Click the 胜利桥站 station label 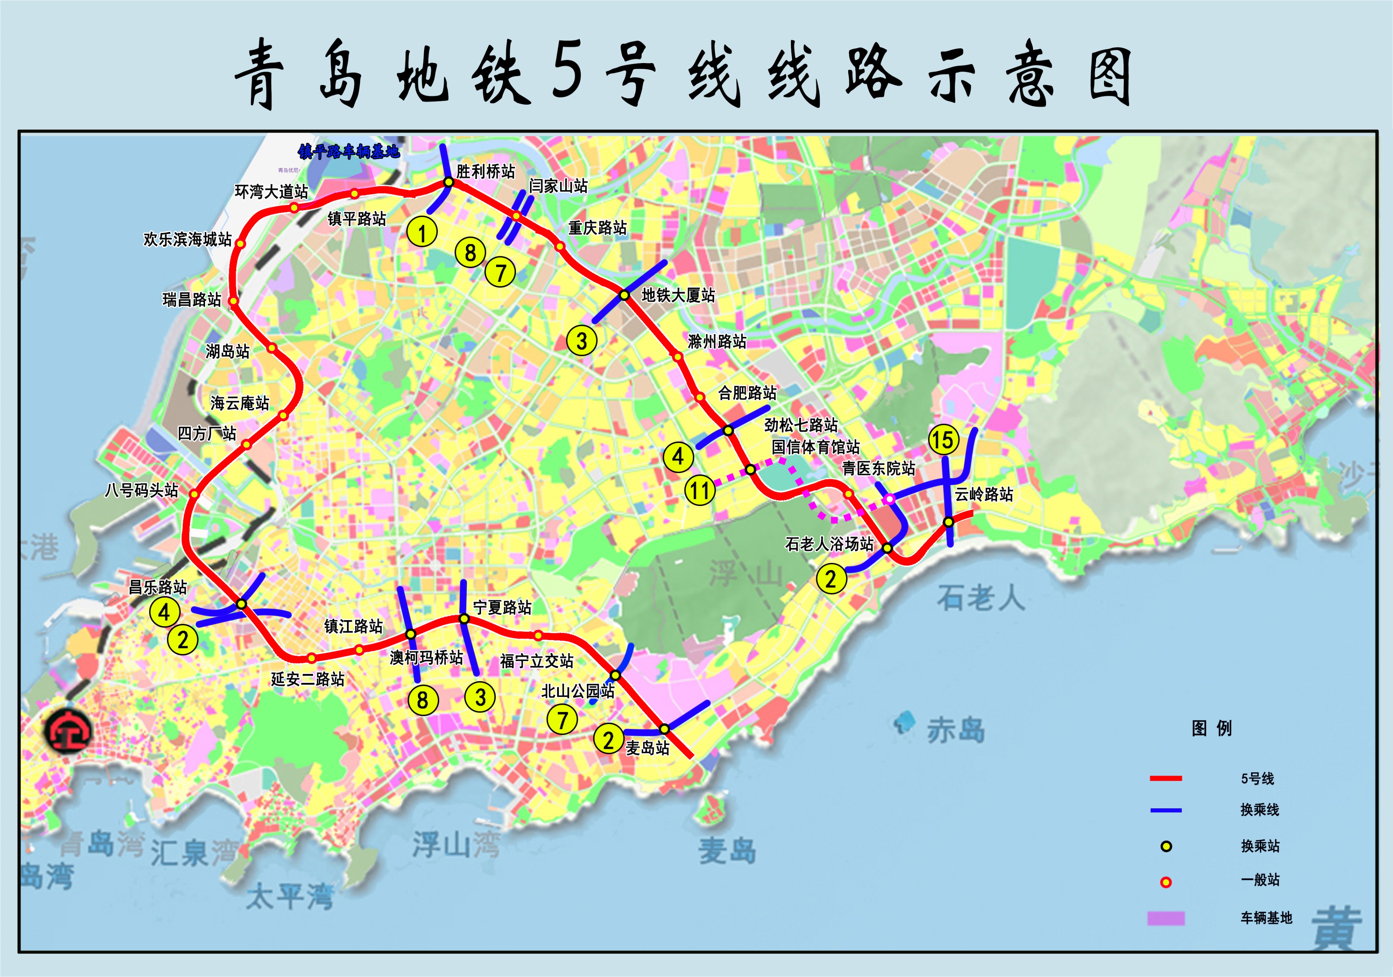pyautogui.click(x=485, y=172)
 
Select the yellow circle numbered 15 pyautogui.click(x=943, y=440)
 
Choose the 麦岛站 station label pyautogui.click(x=647, y=748)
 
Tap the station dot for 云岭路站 pyautogui.click(x=948, y=521)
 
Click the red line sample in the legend pyautogui.click(x=1166, y=778)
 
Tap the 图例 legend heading pyautogui.click(x=1212, y=728)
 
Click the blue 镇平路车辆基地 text pyautogui.click(x=349, y=151)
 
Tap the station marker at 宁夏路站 pyautogui.click(x=464, y=618)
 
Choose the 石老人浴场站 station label pyautogui.click(x=829, y=544)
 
